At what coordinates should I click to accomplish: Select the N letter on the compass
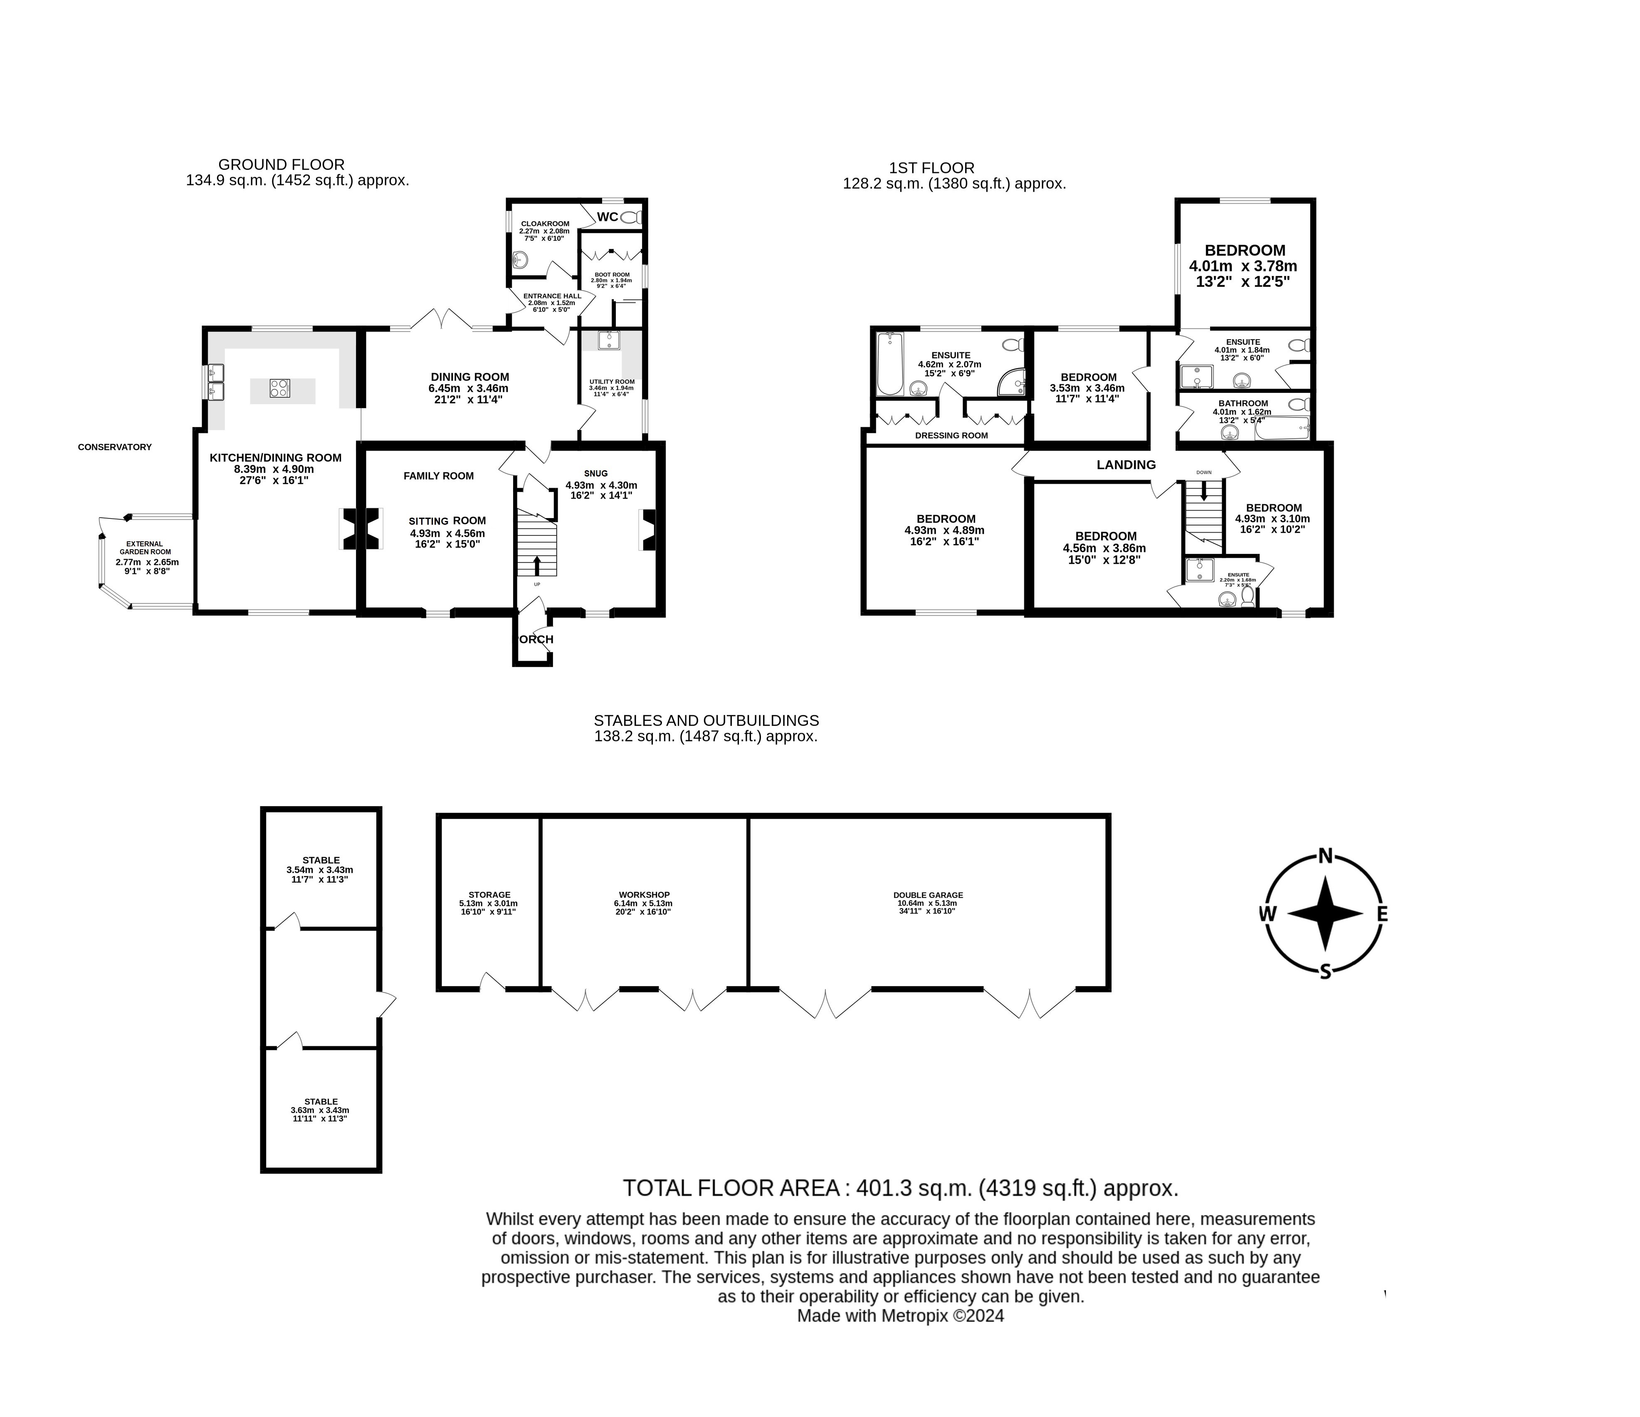[x=1326, y=856]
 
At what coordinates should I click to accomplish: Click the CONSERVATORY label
[x=115, y=447]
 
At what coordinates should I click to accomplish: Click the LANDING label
[x=1126, y=465]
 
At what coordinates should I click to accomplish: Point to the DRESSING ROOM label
[x=951, y=435]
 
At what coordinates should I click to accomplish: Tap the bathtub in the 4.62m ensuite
[x=890, y=364]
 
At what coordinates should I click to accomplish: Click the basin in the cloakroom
[x=520, y=259]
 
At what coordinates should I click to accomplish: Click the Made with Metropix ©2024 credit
[x=900, y=1316]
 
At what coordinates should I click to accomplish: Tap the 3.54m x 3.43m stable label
[x=321, y=869]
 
